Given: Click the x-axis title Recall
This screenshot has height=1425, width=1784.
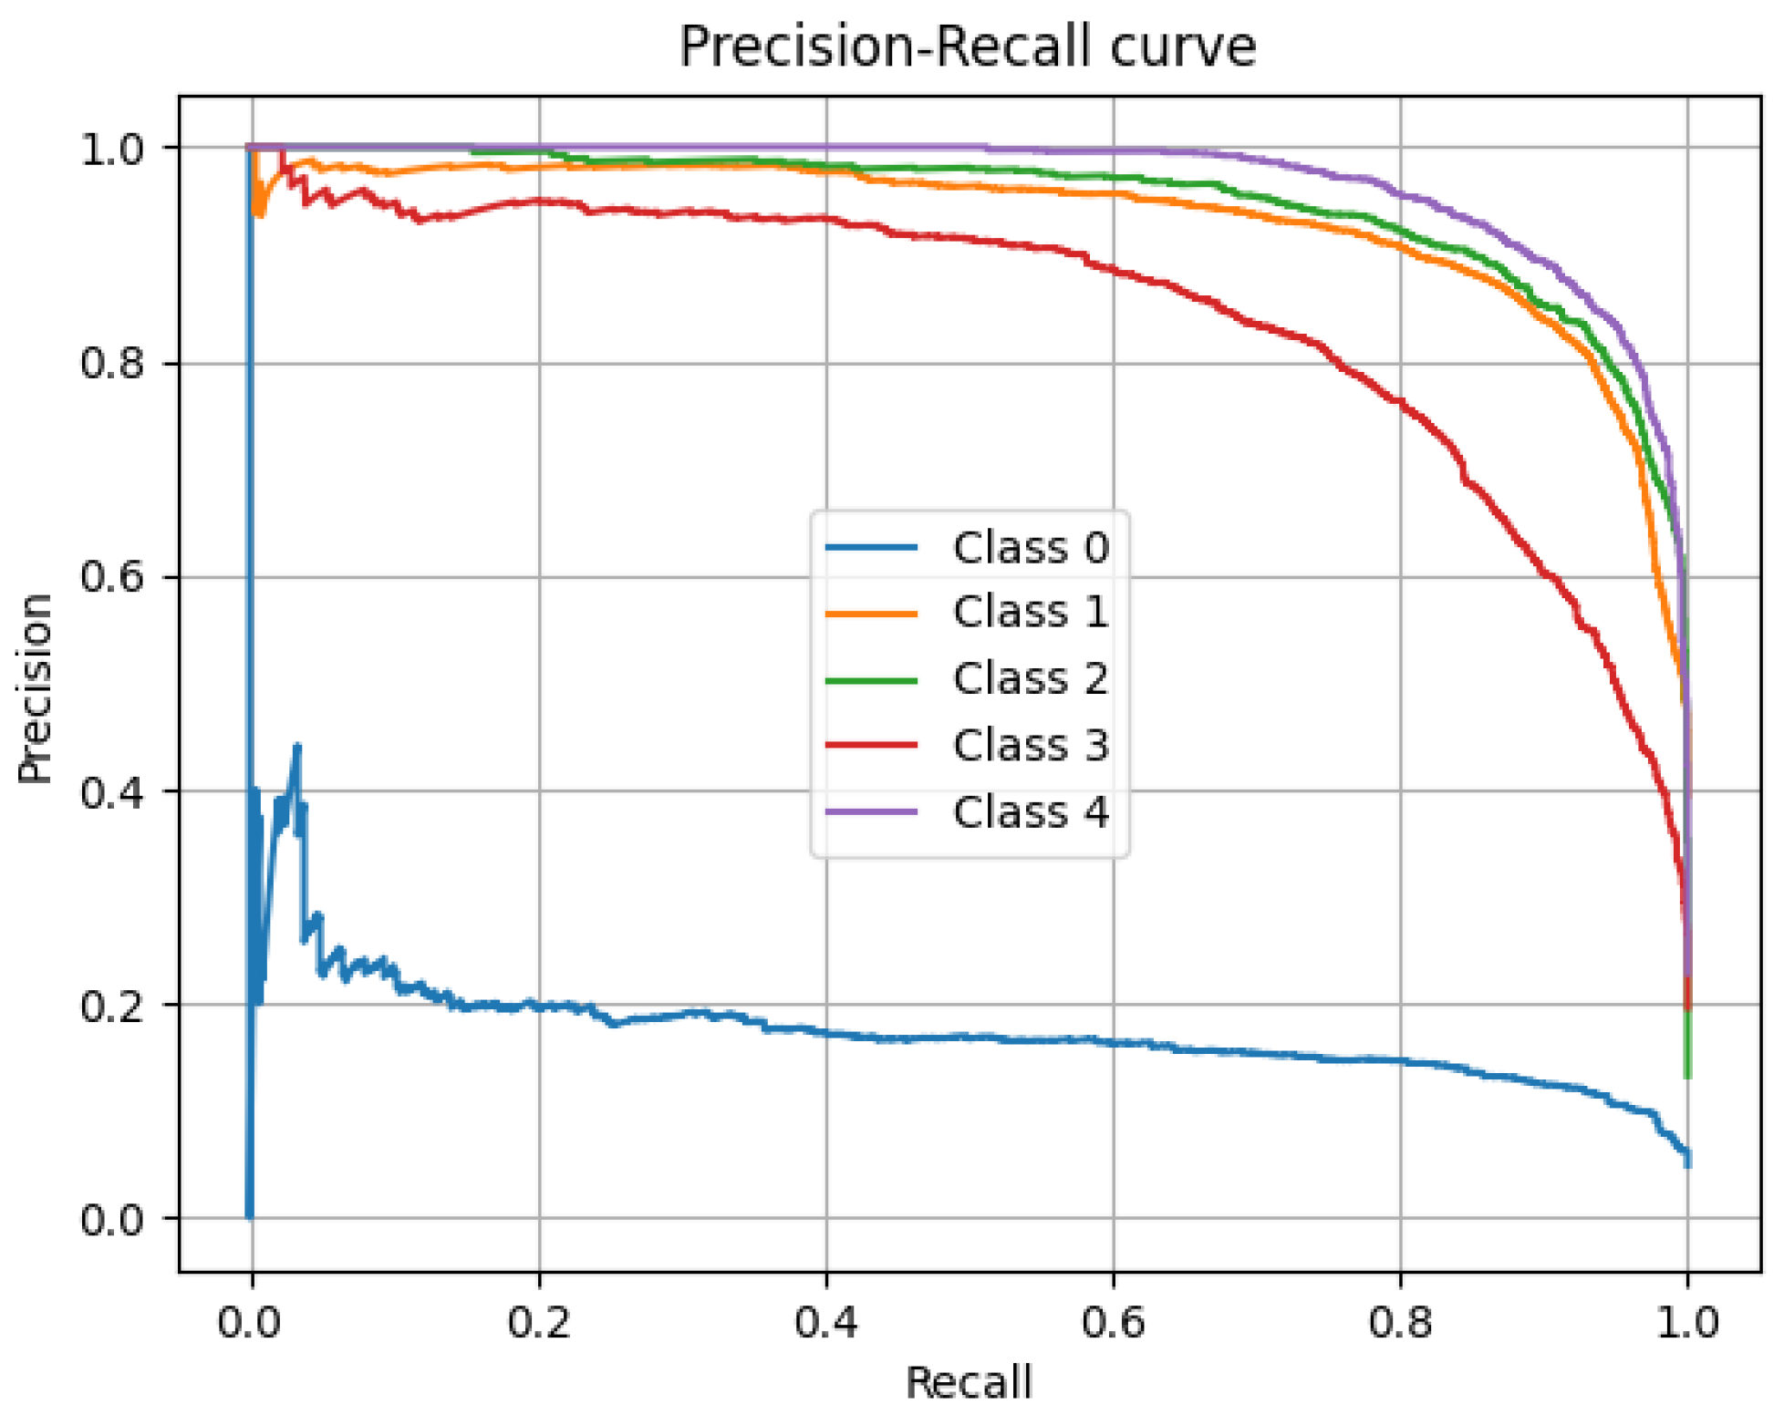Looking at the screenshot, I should pyautogui.click(x=968, y=1382).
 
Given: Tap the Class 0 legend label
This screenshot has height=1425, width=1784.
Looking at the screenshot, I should pyautogui.click(x=1031, y=548).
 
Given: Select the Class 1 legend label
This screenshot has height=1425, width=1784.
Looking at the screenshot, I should pyautogui.click(x=1031, y=612).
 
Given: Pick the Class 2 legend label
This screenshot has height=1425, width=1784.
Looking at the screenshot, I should pyautogui.click(x=1031, y=678).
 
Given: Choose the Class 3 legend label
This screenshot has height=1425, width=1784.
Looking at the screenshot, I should pyautogui.click(x=1031, y=745).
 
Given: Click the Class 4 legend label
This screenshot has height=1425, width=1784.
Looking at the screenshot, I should pyautogui.click(x=1031, y=811).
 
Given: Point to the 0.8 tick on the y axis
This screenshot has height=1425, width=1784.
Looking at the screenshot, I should pyautogui.click(x=112, y=363).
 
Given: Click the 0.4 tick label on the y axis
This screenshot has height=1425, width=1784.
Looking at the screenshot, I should pyautogui.click(x=112, y=791).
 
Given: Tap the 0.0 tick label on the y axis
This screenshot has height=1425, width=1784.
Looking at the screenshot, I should pyautogui.click(x=112, y=1219).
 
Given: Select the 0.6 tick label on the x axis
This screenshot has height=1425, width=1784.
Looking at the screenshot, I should pyautogui.click(x=1113, y=1322).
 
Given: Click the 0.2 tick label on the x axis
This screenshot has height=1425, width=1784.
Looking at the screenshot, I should pyautogui.click(x=539, y=1322).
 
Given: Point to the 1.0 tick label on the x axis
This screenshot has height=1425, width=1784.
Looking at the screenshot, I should pyautogui.click(x=1687, y=1322).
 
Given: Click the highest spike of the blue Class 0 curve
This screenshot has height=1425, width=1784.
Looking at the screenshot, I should pyautogui.click(x=296, y=748).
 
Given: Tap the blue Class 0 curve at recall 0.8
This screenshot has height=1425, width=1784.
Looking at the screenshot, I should pyautogui.click(x=1401, y=1060).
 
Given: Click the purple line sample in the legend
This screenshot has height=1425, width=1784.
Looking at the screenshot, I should pyautogui.click(x=871, y=811).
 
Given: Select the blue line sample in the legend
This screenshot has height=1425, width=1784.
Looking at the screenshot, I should pyautogui.click(x=871, y=548).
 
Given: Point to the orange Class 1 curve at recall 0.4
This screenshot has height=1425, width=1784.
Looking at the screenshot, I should pyautogui.click(x=826, y=170).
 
